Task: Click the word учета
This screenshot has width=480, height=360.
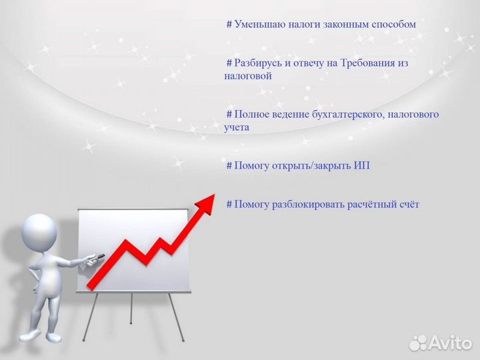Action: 237,127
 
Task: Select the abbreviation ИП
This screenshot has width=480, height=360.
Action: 361,165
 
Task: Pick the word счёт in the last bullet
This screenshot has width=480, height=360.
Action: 407,205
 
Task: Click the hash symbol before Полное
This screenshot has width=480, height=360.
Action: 229,115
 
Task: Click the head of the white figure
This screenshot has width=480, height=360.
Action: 39,231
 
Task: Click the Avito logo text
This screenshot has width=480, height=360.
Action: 451,343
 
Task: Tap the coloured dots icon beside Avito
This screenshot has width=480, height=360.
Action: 418,343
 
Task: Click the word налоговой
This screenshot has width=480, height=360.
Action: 248,76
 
